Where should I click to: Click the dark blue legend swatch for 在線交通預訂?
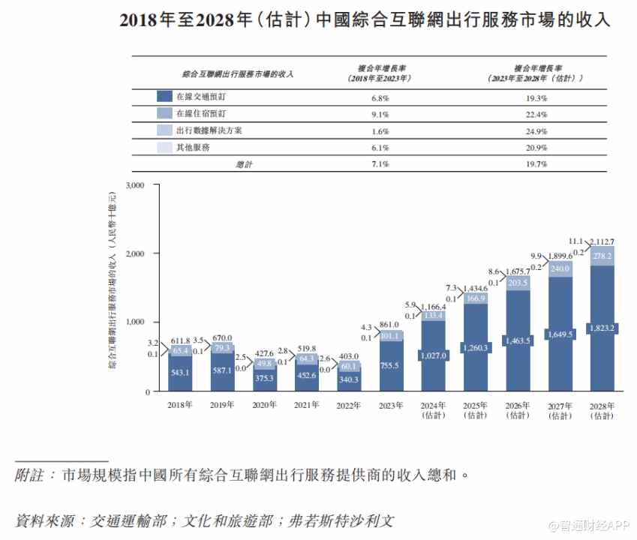pos(165,97)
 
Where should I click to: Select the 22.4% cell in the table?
pos(533,115)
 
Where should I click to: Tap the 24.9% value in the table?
pos(533,131)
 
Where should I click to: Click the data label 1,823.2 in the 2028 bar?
pos(602,328)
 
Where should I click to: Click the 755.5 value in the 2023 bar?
pos(390,365)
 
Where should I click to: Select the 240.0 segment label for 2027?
pos(560,268)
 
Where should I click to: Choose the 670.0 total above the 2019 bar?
pos(222,337)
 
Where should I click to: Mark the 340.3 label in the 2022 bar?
pos(348,379)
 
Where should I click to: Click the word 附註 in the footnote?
pos(31,475)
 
